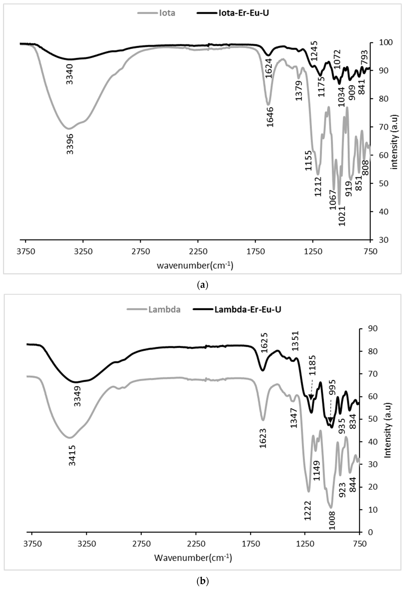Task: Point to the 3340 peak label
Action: [70, 74]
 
